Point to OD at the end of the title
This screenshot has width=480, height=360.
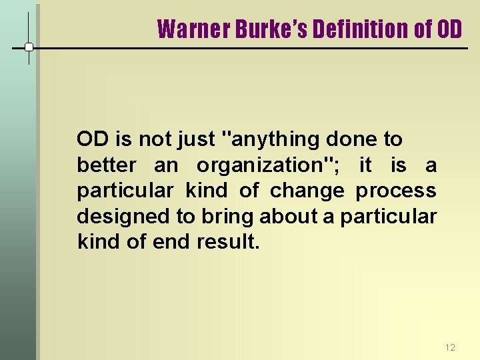[x=449, y=29]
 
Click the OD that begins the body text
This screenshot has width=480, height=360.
[x=93, y=139]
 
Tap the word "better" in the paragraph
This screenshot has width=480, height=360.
[x=107, y=165]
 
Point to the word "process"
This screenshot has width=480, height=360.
[x=396, y=191]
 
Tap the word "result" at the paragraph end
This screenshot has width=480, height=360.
[x=227, y=241]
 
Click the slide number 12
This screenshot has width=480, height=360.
[x=449, y=347]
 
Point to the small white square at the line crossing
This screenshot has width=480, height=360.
[x=29, y=47]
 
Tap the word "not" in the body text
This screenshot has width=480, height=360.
[x=155, y=139]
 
